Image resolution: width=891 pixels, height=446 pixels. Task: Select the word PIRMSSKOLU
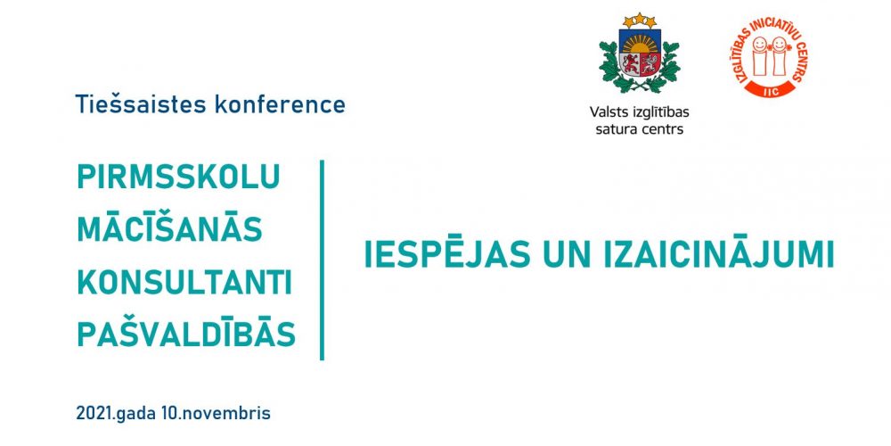(x=178, y=177)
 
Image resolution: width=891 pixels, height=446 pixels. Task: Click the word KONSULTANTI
(x=184, y=283)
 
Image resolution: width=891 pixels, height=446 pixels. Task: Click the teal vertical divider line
(x=323, y=260)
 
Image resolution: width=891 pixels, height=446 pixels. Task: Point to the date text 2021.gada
(x=116, y=413)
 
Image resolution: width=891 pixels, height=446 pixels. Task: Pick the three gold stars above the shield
(x=640, y=21)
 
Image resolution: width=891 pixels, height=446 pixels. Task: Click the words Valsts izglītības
(x=639, y=112)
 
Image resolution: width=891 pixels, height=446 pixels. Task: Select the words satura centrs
(x=639, y=129)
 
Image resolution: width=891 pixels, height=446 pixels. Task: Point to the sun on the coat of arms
(x=640, y=43)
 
